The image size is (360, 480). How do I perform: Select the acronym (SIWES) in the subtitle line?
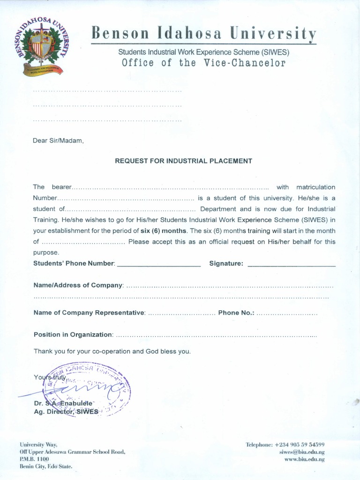pyautogui.click(x=276, y=52)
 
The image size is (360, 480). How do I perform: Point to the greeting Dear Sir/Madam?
pyautogui.click(x=58, y=141)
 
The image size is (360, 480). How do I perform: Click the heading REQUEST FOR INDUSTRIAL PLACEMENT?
pyautogui.click(x=184, y=161)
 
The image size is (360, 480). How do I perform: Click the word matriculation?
pyautogui.click(x=315, y=187)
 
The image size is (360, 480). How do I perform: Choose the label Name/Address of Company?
pyautogui.click(x=78, y=285)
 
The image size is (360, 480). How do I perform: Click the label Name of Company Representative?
pyautogui.click(x=90, y=313)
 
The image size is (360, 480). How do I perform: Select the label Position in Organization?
pyautogui.click(x=73, y=335)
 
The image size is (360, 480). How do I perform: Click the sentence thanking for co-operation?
pyautogui.click(x=112, y=352)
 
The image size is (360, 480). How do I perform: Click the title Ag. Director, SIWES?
pyautogui.click(x=66, y=412)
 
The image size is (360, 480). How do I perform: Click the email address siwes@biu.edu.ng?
pyautogui.click(x=302, y=452)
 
